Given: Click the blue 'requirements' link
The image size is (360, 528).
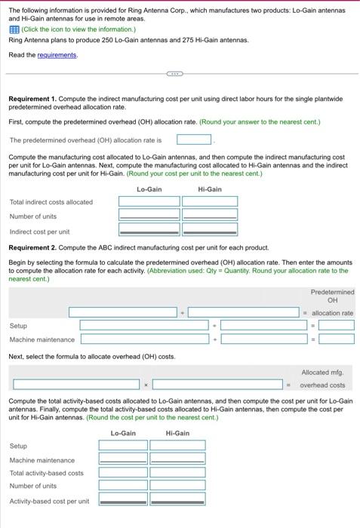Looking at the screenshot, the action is [x=57, y=55].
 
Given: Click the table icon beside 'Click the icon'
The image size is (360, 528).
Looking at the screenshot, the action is [x=14, y=29].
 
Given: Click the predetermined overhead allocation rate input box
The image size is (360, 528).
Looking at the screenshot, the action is [x=194, y=140].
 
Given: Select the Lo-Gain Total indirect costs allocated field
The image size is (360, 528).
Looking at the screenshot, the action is [x=149, y=201].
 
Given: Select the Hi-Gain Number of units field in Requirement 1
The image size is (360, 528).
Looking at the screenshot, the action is [x=210, y=215].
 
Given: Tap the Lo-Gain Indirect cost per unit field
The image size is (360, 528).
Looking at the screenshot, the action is [x=149, y=229].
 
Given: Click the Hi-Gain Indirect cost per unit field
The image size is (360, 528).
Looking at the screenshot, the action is [x=210, y=229].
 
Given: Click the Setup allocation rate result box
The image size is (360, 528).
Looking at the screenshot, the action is [x=337, y=325].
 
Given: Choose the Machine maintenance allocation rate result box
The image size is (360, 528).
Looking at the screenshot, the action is [x=337, y=339].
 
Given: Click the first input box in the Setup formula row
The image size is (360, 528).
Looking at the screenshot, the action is [x=144, y=325].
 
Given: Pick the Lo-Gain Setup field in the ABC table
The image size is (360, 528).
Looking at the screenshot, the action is [x=123, y=445].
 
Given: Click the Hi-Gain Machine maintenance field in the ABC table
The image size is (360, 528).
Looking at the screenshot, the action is [x=177, y=459].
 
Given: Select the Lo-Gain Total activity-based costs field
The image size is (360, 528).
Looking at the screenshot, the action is [x=123, y=472].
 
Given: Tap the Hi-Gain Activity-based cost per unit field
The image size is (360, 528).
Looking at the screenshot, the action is [x=177, y=499].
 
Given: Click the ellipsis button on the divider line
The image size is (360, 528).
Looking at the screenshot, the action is [x=175, y=74].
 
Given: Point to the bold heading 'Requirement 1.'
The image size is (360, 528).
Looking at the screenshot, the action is [x=32, y=99].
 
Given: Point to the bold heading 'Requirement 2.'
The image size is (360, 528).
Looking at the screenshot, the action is [x=32, y=248].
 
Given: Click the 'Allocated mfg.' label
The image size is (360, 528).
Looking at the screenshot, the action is [x=322, y=373].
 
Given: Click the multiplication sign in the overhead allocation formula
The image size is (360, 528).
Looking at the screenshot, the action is [x=146, y=385].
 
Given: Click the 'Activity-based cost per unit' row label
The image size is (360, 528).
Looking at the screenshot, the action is [x=50, y=502].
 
